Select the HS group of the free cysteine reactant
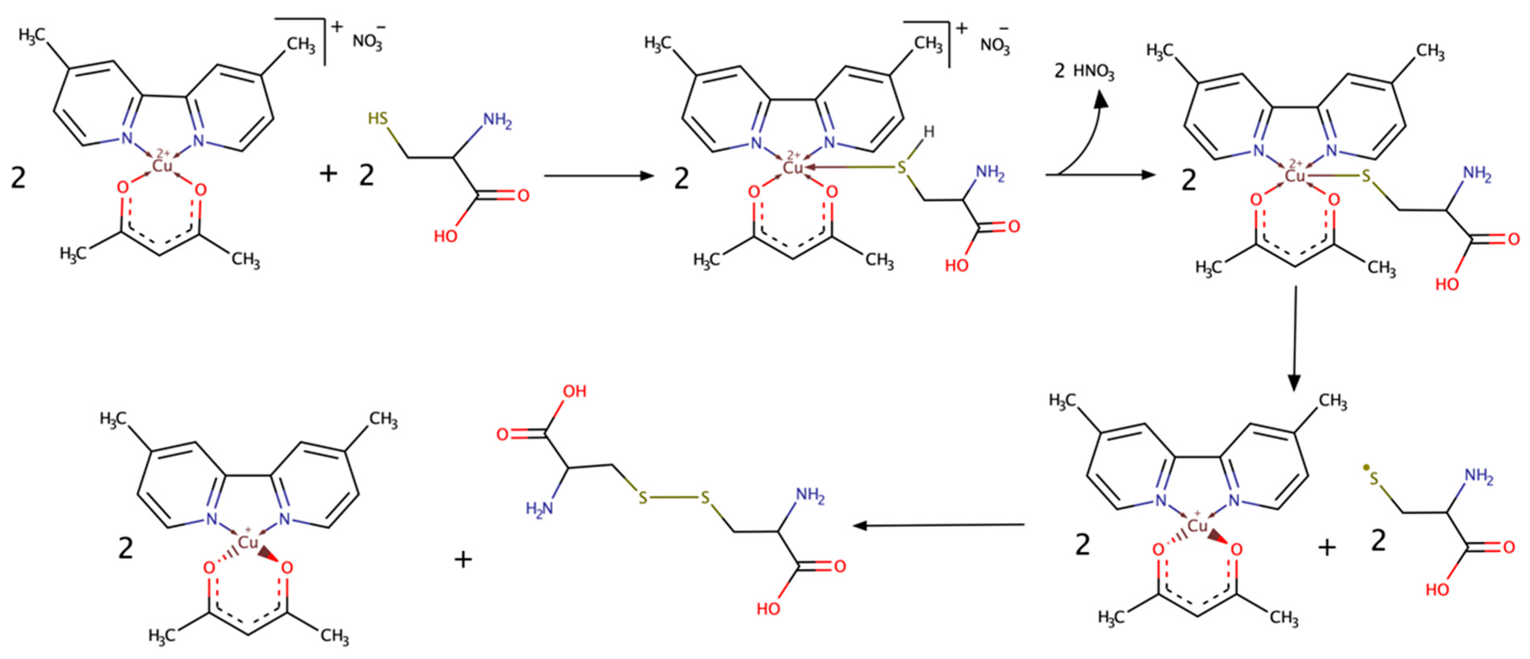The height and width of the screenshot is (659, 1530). (378, 118)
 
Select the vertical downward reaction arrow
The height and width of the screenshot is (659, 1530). (1295, 339)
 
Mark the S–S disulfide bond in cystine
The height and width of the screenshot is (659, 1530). (674, 497)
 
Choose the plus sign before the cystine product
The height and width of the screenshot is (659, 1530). (463, 559)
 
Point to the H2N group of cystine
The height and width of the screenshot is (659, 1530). (539, 509)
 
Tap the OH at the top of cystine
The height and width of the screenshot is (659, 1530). (574, 392)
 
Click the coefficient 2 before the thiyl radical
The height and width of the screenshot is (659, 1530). (1379, 541)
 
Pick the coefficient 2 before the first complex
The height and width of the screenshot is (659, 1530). (18, 177)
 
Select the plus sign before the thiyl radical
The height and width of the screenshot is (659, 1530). (1327, 547)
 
